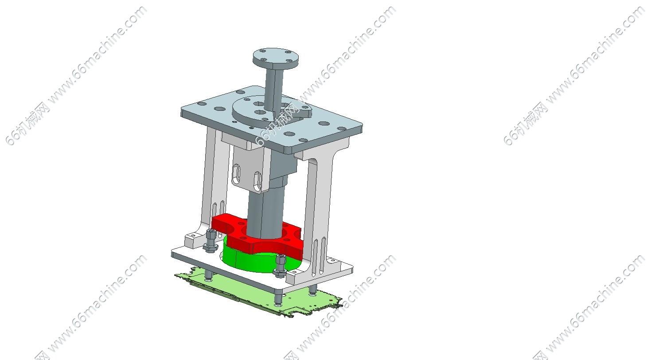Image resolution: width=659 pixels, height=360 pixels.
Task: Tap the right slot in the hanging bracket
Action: [x=258, y=182]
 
